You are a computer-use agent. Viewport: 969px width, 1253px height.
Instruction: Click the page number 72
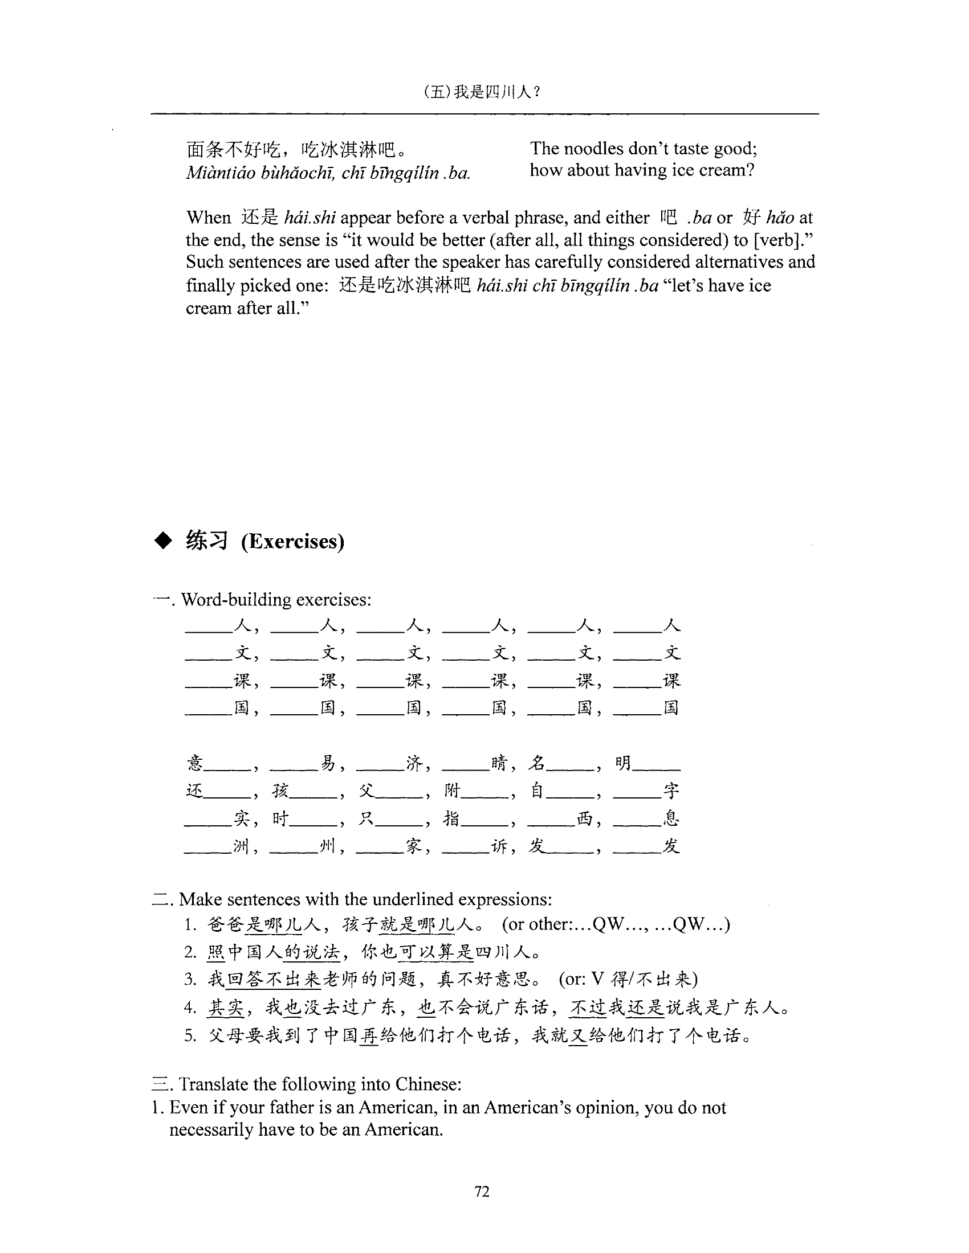tap(482, 1191)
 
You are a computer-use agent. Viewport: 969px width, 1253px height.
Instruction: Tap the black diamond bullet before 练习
tap(164, 541)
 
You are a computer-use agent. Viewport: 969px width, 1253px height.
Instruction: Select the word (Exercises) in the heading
tap(293, 542)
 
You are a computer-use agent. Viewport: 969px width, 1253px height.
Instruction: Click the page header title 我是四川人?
tap(496, 92)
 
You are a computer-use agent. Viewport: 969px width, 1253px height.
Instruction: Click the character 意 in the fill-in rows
tap(195, 763)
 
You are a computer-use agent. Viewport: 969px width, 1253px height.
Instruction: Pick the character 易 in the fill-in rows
tap(328, 763)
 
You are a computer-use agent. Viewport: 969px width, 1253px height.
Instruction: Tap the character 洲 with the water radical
tap(242, 846)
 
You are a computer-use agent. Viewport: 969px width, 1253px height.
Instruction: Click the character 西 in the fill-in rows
tap(584, 818)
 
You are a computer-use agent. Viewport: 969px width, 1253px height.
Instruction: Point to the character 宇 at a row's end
tap(671, 791)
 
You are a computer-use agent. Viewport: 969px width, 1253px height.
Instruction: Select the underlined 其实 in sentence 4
tap(226, 1008)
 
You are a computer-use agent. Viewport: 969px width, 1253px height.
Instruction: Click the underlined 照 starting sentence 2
tap(216, 952)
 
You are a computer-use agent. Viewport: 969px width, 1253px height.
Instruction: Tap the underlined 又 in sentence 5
tap(578, 1035)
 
